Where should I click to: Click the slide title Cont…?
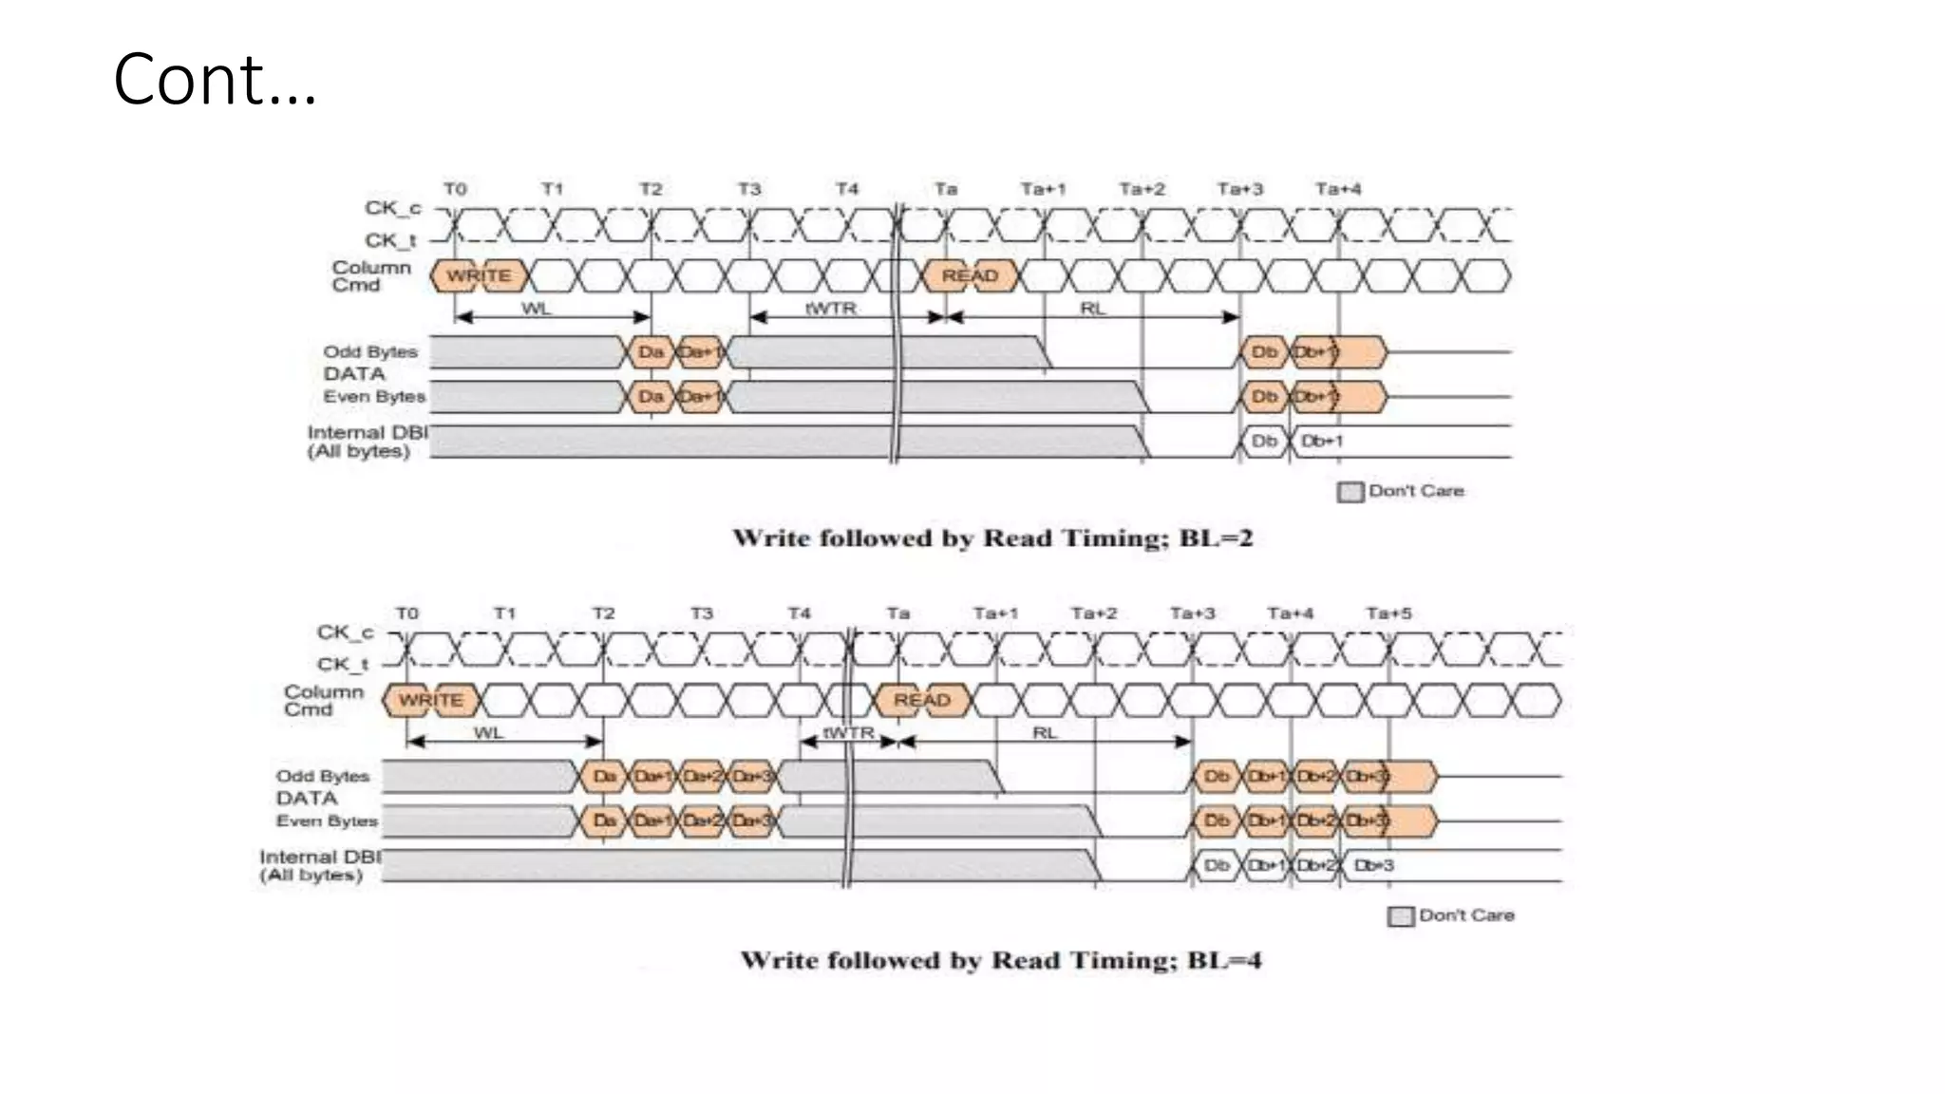[215, 79]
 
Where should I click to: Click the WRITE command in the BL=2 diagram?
[479, 275]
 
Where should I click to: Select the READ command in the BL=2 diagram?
[970, 275]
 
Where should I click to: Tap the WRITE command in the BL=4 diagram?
[431, 700]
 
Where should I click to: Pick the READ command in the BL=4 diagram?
[921, 700]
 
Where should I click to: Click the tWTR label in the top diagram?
[831, 308]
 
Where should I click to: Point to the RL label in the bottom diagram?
[1045, 732]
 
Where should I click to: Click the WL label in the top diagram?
[536, 308]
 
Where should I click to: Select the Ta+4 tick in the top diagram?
[1337, 189]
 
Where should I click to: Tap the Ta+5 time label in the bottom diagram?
[1388, 613]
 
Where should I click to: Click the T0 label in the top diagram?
[455, 189]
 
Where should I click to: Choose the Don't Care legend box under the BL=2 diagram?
[1350, 492]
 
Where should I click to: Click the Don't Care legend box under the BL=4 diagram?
[1400, 916]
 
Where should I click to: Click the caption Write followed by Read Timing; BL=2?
[992, 538]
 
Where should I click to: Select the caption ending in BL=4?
[1001, 960]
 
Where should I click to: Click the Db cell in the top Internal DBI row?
[1264, 441]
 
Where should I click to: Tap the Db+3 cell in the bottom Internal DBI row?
[1374, 865]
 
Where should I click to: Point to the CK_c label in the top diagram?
[392, 208]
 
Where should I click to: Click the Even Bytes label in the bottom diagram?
[327, 820]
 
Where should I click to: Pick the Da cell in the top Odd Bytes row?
[651, 352]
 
